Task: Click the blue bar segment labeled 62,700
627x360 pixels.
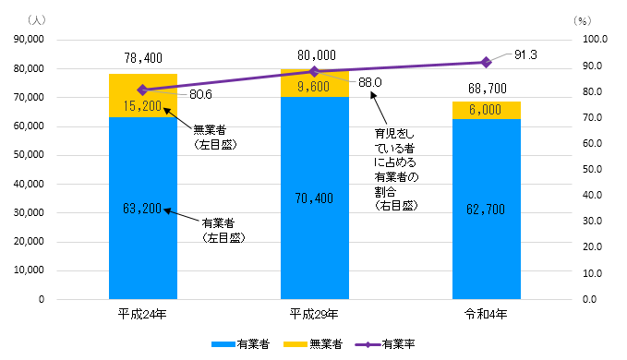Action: [x=486, y=209]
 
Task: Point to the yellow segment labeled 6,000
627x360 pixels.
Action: [x=486, y=110]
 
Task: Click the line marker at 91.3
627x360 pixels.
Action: [x=486, y=62]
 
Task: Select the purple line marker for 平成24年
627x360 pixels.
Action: [x=142, y=90]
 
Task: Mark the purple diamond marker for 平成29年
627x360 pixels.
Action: [x=314, y=71]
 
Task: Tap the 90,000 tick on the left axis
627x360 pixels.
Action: [x=39, y=40]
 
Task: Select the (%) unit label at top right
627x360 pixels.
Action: [x=581, y=19]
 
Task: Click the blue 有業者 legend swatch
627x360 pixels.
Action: [x=223, y=344]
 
